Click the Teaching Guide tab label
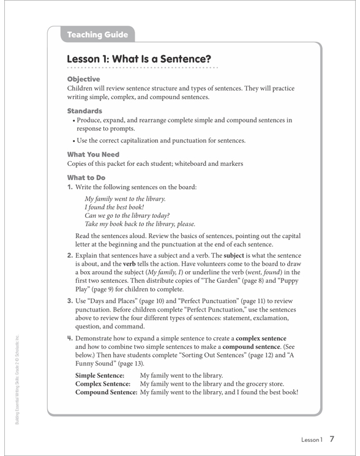(x=98, y=36)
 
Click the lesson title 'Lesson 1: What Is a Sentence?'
(x=139, y=59)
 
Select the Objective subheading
(x=83, y=80)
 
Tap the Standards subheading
(x=84, y=111)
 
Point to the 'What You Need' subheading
(x=93, y=155)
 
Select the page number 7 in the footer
(x=331, y=439)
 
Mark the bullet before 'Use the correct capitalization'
(x=73, y=140)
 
